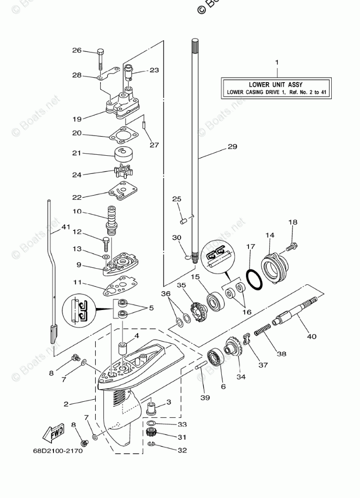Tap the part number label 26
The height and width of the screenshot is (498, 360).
pos(77,50)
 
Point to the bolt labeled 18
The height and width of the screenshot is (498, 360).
pos(292,247)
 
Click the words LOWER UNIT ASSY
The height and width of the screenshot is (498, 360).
pos(276,85)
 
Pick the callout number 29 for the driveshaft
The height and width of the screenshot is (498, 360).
pos(232,147)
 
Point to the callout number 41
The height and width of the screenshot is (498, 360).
pos(66,227)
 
